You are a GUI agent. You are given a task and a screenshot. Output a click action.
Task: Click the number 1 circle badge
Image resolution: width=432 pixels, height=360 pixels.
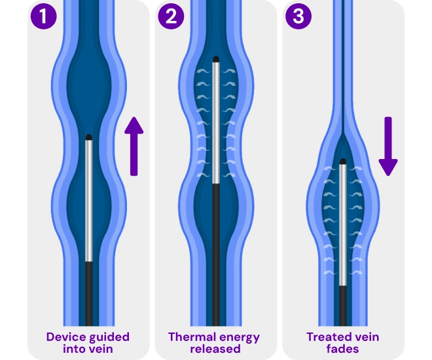click(x=43, y=16)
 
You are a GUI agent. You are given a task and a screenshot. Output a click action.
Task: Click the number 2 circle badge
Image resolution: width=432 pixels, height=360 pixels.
click(x=171, y=16)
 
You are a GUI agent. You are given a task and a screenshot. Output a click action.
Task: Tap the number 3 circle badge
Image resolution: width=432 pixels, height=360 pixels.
click(x=298, y=16)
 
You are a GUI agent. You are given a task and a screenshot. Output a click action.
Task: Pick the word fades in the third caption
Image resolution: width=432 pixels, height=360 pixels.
click(x=342, y=349)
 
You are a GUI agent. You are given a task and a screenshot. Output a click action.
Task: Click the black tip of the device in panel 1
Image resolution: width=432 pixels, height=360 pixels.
click(x=89, y=137)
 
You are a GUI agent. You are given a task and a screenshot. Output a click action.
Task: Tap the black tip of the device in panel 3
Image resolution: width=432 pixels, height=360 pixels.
click(x=343, y=162)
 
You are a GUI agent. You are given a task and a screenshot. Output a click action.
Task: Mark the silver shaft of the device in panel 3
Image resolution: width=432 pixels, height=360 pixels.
click(x=343, y=223)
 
